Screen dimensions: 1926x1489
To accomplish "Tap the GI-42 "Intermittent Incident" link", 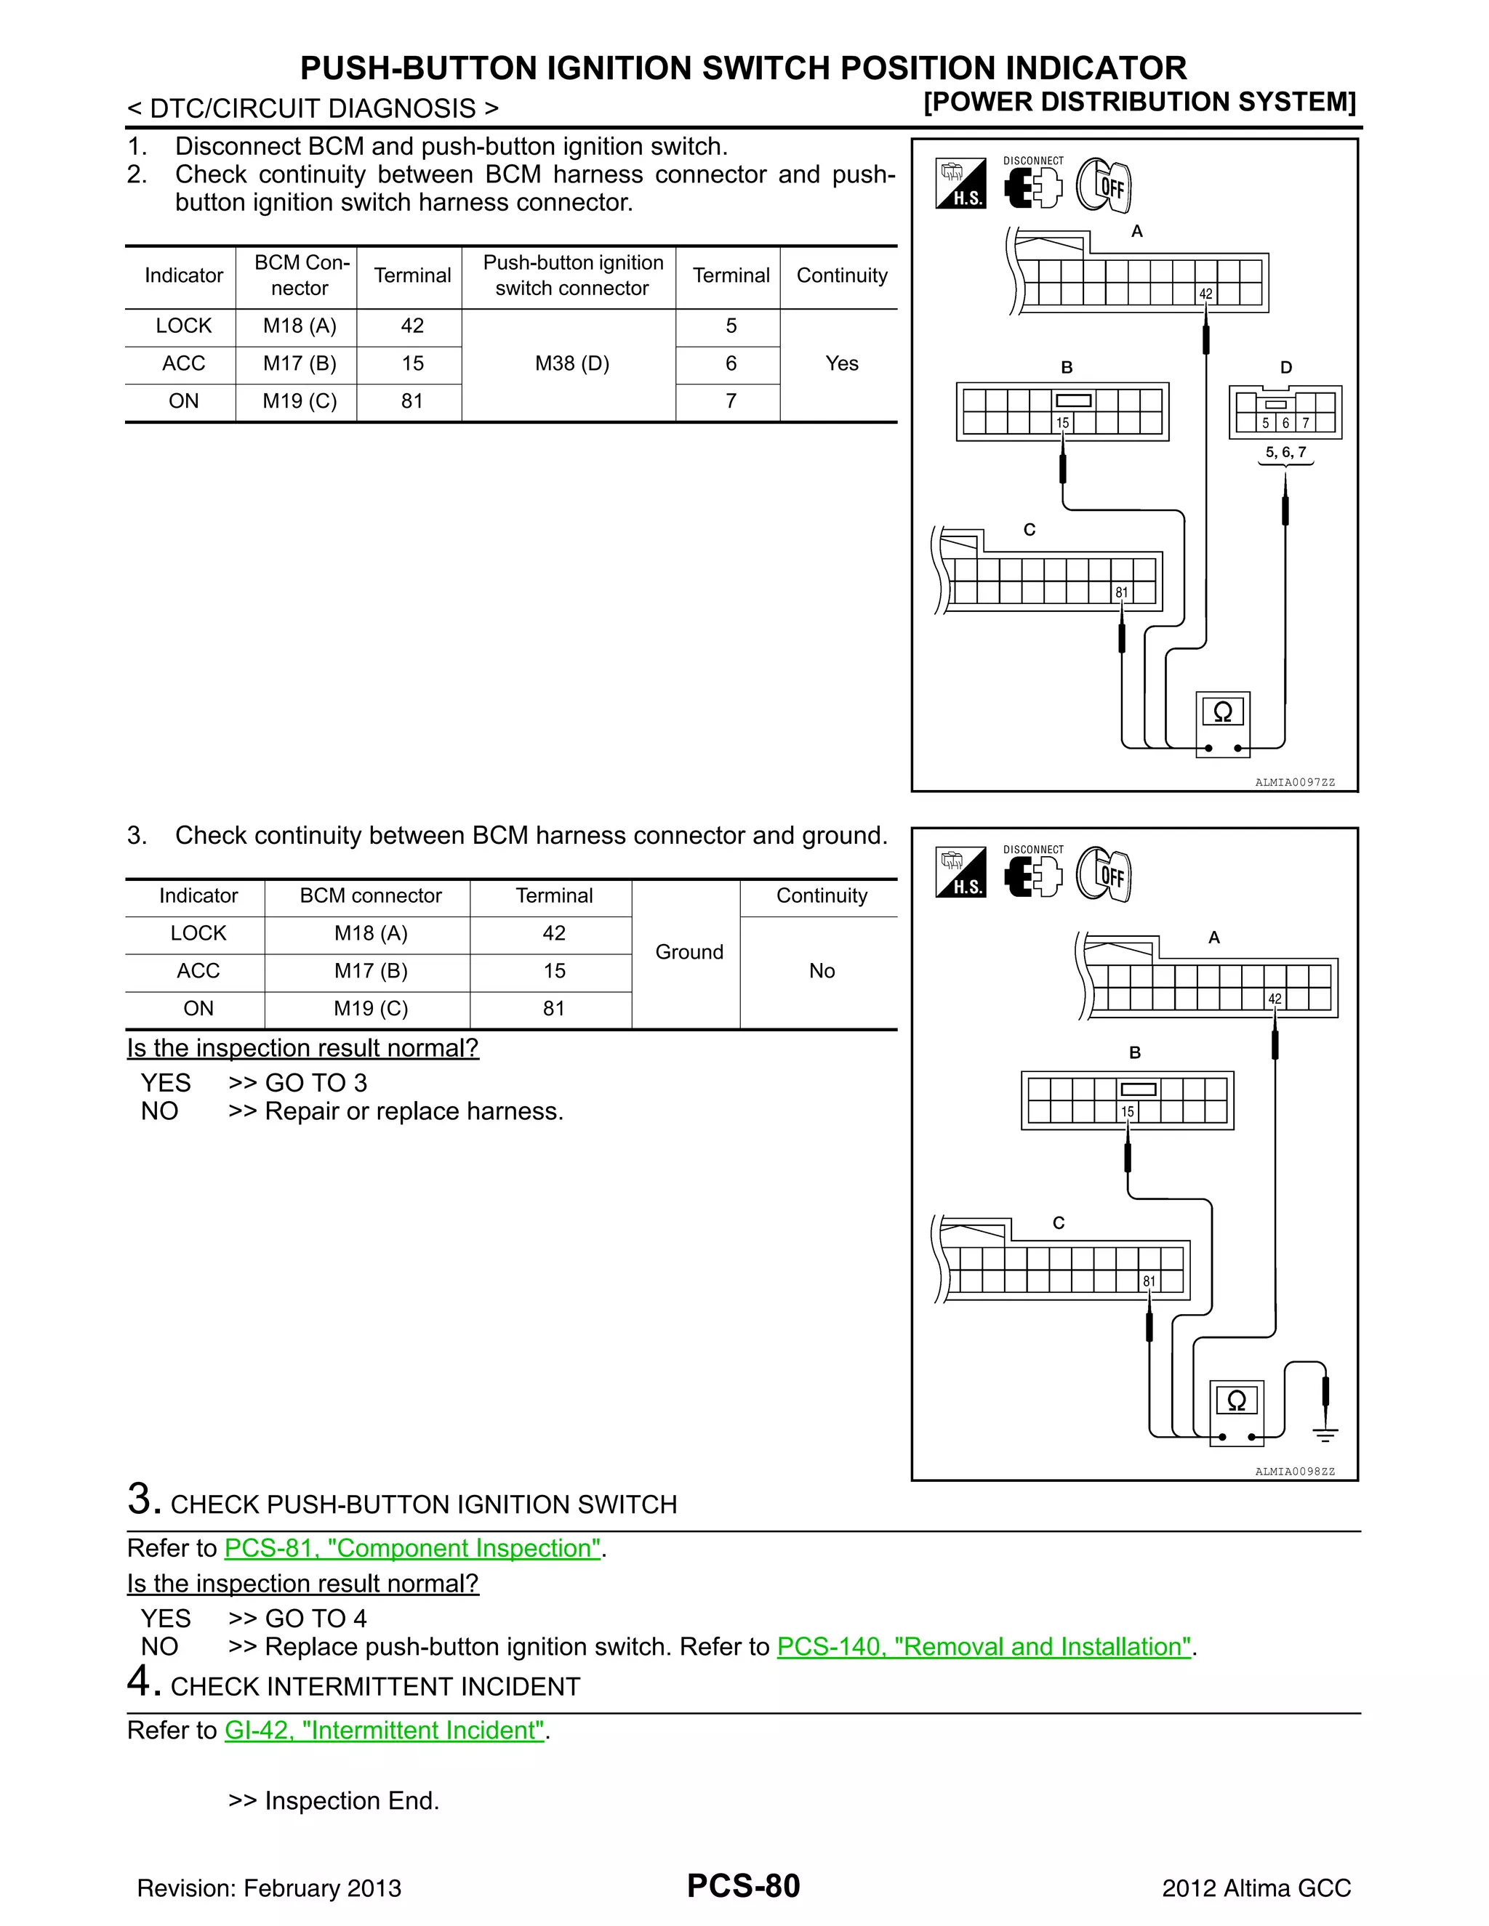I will (385, 1730).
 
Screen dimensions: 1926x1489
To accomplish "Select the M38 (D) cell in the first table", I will (571, 363).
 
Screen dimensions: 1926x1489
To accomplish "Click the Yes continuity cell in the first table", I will (841, 363).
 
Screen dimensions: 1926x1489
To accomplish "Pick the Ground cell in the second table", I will (689, 951).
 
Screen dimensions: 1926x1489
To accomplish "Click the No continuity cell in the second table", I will (822, 971).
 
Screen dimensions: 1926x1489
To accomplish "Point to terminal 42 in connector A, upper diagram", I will (1205, 294).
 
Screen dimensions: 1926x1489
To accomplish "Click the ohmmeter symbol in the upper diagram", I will (1223, 712).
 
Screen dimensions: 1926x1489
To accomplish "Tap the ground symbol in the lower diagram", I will (1325, 1435).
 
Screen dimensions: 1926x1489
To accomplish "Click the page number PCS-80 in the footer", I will (743, 1885).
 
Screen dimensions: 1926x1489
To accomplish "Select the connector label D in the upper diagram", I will (1285, 368).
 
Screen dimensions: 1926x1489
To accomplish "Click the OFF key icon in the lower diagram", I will (1104, 875).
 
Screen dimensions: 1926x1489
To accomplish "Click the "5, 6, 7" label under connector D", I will (1285, 452).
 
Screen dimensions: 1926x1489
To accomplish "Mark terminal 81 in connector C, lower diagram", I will (1149, 1281).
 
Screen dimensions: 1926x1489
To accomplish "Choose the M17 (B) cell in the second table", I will (371, 971).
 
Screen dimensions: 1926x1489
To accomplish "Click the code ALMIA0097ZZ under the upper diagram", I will (1294, 782).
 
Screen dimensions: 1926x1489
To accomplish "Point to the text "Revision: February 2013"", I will (269, 1888).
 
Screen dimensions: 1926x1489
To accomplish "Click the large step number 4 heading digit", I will (140, 1681).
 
